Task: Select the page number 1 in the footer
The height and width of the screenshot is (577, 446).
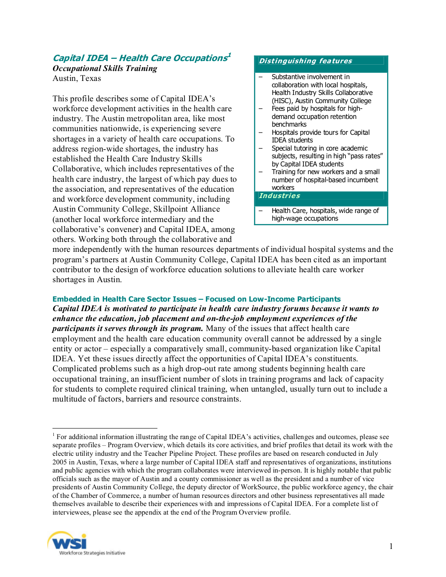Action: click(x=391, y=546)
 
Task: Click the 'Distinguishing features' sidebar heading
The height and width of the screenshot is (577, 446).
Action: click(x=305, y=61)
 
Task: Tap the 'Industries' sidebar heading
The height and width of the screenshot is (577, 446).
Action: click(x=280, y=196)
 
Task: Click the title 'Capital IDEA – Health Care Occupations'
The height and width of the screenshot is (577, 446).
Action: click(x=139, y=58)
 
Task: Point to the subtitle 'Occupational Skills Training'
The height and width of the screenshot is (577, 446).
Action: click(x=105, y=68)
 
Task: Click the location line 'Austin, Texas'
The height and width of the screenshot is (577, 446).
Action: click(x=77, y=78)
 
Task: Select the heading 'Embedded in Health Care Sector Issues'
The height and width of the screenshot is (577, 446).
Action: click(x=124, y=299)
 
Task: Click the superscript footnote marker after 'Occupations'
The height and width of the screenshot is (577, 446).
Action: click(x=229, y=55)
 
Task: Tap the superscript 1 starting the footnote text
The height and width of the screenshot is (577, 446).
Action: click(x=53, y=435)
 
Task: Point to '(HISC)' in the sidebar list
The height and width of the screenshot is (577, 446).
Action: click(x=282, y=101)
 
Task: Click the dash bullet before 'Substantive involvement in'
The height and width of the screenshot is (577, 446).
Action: click(x=261, y=77)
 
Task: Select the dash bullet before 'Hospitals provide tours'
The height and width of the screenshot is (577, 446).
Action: click(x=261, y=132)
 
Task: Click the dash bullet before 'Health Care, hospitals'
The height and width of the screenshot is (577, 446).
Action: click(x=261, y=211)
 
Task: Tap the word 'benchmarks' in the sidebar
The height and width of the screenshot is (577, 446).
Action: click(x=289, y=124)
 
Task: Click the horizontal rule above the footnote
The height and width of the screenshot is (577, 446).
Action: click(x=105, y=428)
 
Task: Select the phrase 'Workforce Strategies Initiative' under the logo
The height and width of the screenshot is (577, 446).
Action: click(x=92, y=553)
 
